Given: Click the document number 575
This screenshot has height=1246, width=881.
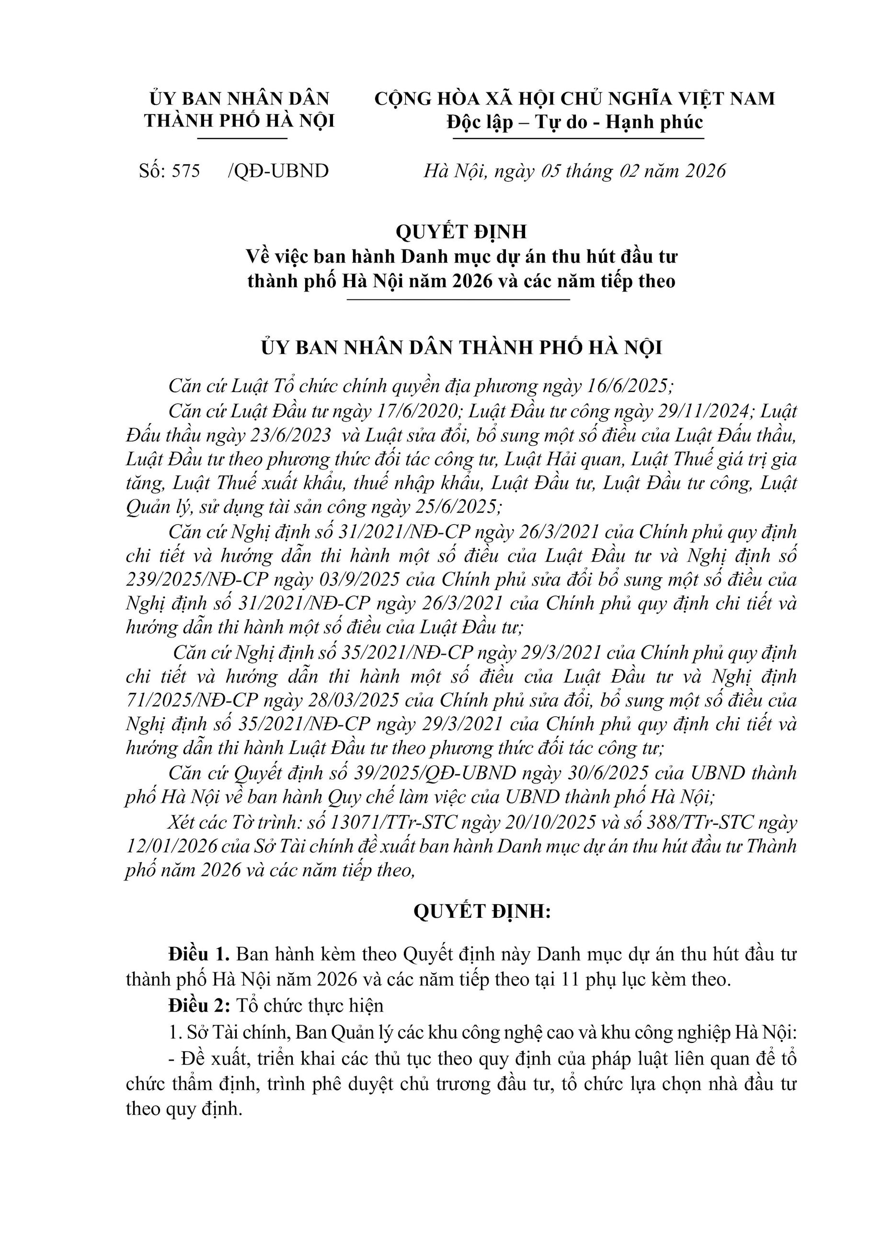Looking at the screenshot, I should [186, 172].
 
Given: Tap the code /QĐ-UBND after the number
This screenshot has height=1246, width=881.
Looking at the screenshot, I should [278, 172].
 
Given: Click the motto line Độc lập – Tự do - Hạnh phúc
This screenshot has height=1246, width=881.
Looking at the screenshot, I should [574, 123].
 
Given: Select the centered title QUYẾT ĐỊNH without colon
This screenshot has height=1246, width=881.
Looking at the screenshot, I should [461, 232].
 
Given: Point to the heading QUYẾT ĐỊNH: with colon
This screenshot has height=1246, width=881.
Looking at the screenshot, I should [482, 911].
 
